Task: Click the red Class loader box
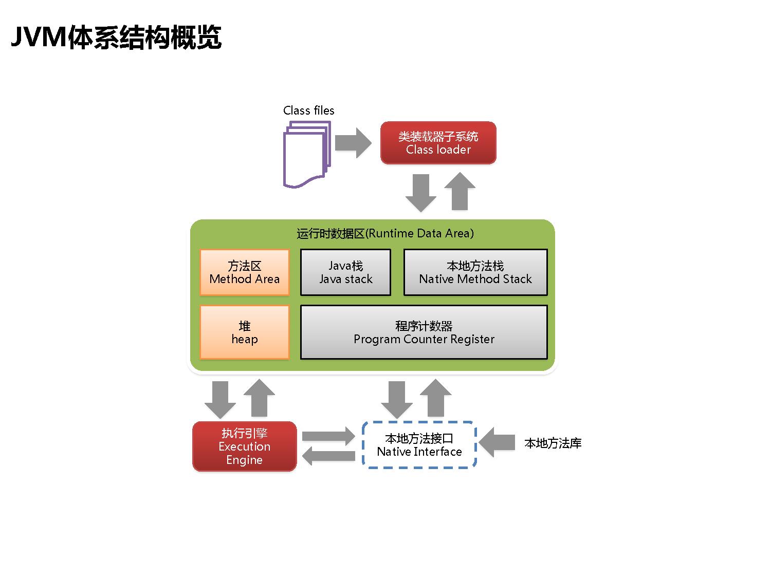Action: [x=438, y=143]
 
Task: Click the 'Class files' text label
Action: [x=308, y=110]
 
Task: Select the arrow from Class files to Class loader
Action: [x=353, y=142]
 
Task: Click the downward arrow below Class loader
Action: [x=420, y=192]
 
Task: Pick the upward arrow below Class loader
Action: [x=460, y=191]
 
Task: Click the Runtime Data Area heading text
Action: [x=385, y=233]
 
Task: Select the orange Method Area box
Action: [x=244, y=272]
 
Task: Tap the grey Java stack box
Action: [x=345, y=272]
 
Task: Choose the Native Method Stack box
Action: [x=475, y=272]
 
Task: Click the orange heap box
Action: [x=244, y=332]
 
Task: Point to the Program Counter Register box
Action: [x=424, y=332]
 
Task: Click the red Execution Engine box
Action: [x=244, y=446]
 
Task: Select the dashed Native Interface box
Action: [x=419, y=445]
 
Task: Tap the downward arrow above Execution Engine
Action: [x=220, y=399]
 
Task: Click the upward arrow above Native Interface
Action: [x=436, y=398]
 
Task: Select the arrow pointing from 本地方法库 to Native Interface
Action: [x=496, y=442]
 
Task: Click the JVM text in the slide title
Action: [x=39, y=38]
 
